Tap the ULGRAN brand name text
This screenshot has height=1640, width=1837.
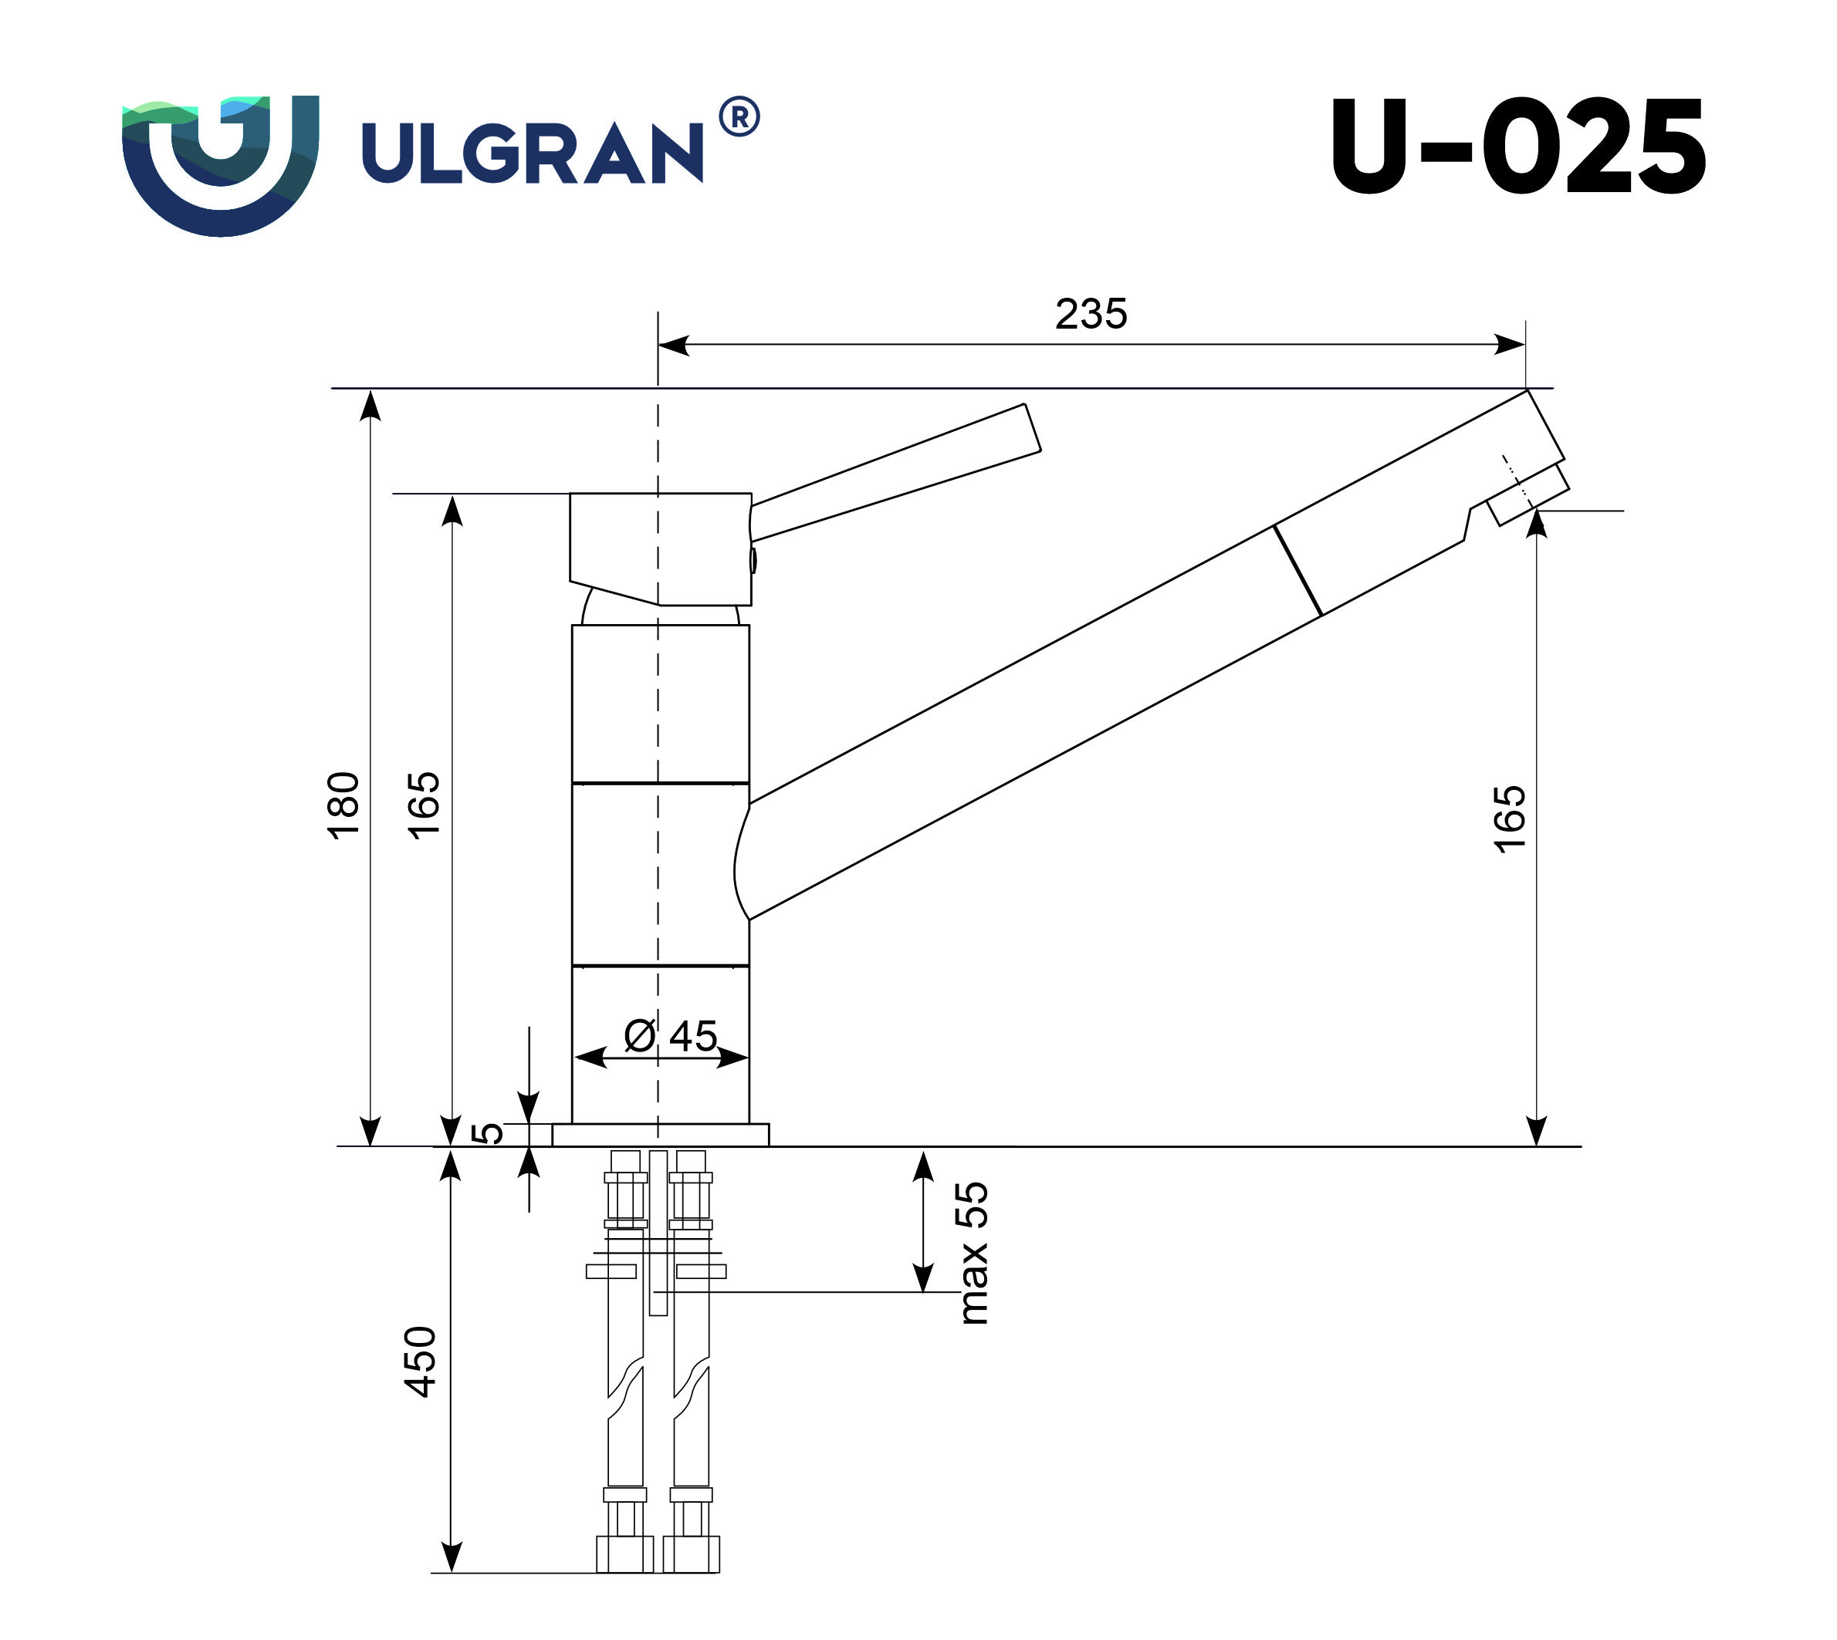(532, 154)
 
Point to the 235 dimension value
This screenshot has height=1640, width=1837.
(1091, 314)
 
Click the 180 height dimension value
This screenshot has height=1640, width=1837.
(344, 805)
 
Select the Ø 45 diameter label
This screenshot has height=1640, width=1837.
(670, 1036)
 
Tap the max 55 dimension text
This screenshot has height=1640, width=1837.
(973, 1253)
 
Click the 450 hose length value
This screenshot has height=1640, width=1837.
(421, 1362)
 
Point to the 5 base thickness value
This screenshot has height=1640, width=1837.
(488, 1132)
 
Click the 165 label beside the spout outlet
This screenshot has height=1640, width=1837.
(1511, 818)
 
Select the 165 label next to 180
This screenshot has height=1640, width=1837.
(424, 805)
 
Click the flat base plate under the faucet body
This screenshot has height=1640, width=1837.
(661, 1135)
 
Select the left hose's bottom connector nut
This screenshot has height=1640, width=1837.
(624, 1554)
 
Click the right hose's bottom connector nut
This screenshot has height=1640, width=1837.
(692, 1554)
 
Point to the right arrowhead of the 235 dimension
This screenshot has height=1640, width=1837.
(1511, 344)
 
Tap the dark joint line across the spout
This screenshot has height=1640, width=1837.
(1298, 570)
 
